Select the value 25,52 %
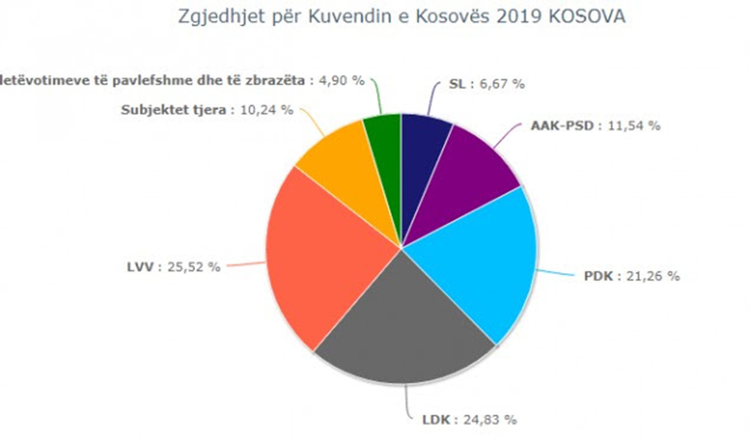pyautogui.click(x=193, y=267)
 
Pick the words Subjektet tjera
pyautogui.click(x=174, y=110)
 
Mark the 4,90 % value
pyautogui.click(x=341, y=80)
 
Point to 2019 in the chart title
pyautogui.click(x=512, y=17)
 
